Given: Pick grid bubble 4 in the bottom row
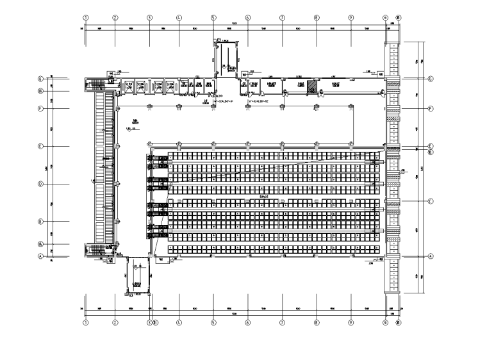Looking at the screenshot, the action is (179, 323).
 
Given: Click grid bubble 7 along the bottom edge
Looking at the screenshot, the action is (282, 323).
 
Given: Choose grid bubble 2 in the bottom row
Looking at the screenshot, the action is (115, 323).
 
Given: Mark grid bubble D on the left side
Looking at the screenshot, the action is (40, 184).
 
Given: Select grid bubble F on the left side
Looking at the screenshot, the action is (40, 108).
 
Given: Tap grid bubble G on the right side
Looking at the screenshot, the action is (431, 78).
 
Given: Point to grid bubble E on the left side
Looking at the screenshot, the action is (40, 146).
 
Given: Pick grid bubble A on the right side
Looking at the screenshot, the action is (431, 255).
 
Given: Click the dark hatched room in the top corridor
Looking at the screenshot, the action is (311, 86).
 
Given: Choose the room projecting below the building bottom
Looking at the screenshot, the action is (137, 275).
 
